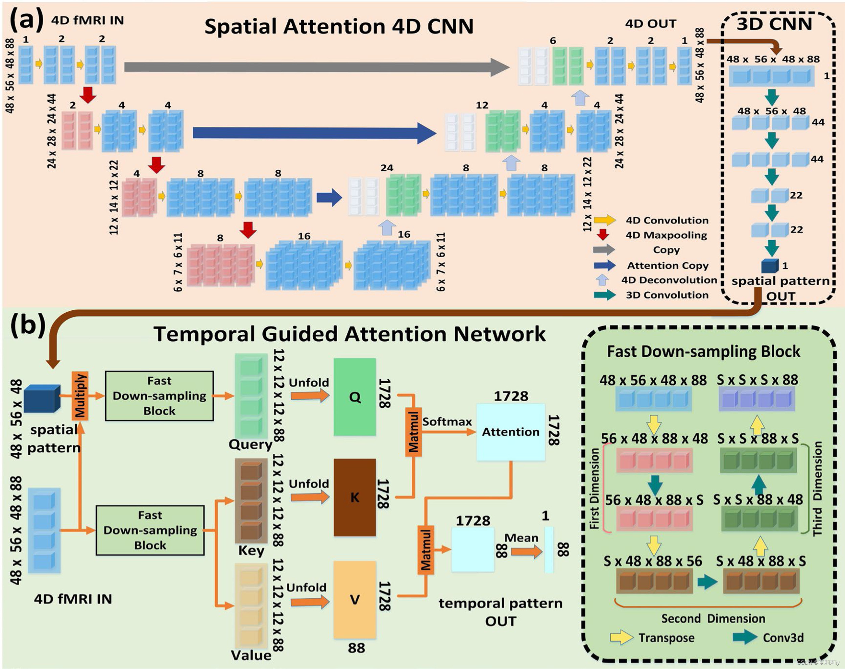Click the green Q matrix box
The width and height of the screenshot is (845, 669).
click(354, 397)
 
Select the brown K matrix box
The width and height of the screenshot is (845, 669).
click(354, 498)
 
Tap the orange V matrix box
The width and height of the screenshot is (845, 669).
click(354, 600)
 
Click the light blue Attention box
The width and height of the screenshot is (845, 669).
click(511, 432)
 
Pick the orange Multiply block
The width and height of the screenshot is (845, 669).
click(80, 396)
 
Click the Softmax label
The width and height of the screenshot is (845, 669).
click(447, 422)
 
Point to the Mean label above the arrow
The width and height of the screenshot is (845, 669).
click(521, 538)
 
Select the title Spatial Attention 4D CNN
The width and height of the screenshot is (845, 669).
click(339, 27)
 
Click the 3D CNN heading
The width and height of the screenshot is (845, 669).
click(774, 24)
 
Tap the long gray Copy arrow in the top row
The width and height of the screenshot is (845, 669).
click(313, 67)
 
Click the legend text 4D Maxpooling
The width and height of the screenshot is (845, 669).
click(666, 235)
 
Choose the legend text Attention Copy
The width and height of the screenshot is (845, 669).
click(668, 266)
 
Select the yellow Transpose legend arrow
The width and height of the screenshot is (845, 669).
click(621, 638)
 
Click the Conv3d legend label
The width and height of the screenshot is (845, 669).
click(783, 638)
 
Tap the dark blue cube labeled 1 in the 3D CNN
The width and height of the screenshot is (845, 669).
click(769, 266)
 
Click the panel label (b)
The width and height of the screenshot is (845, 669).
click(27, 325)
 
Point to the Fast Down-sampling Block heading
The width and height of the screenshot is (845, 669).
click(703, 351)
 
